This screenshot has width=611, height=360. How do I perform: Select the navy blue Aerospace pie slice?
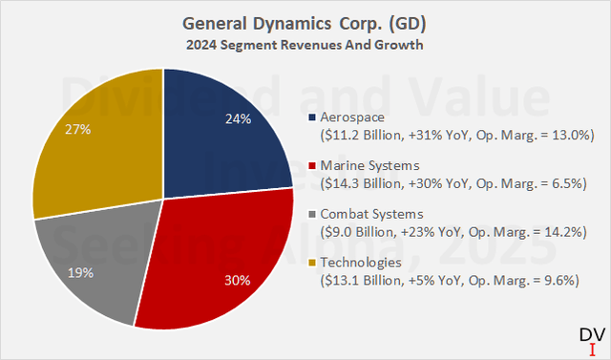210,124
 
